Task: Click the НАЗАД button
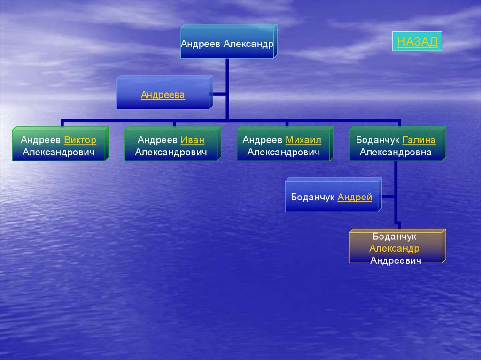(417, 42)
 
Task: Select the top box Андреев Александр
(227, 44)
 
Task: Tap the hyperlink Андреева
(163, 95)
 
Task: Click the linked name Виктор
(80, 140)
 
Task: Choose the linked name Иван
(192, 140)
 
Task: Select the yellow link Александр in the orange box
(394, 249)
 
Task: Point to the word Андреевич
(396, 260)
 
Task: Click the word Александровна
(396, 152)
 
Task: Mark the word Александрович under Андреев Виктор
(59, 152)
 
